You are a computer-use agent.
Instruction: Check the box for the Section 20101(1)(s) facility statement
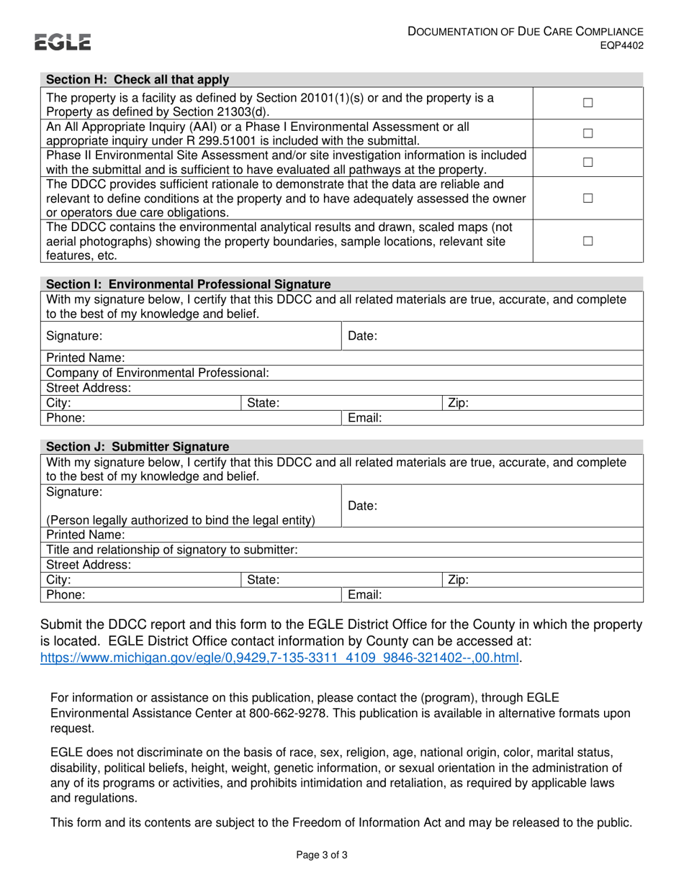(x=588, y=103)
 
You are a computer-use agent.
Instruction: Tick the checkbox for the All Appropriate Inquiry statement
(x=588, y=133)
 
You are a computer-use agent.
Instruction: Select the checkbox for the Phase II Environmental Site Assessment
(x=588, y=163)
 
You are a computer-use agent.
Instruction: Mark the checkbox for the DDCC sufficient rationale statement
(x=588, y=199)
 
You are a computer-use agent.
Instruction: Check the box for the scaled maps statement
(x=588, y=241)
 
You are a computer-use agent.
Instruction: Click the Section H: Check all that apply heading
(x=138, y=80)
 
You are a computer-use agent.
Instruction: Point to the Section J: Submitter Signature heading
(x=138, y=447)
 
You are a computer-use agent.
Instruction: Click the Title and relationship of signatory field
(x=468, y=550)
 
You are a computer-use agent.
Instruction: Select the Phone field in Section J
(x=209, y=595)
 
